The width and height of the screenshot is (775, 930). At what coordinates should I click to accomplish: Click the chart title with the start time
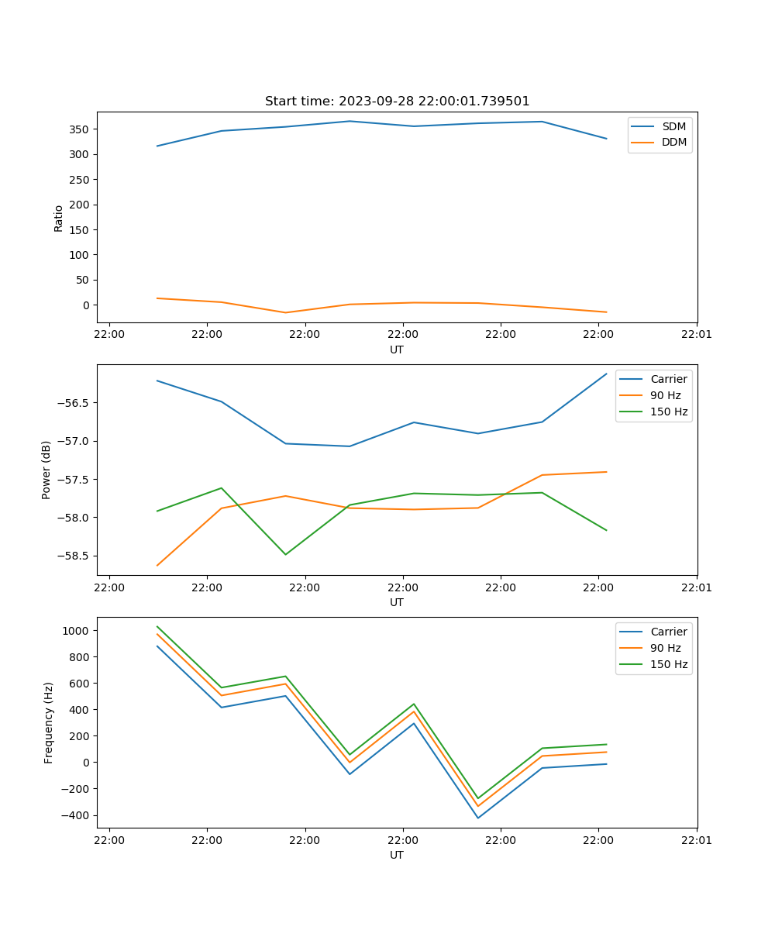[x=397, y=102]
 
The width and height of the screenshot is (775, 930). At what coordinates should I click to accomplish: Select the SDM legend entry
[x=673, y=126]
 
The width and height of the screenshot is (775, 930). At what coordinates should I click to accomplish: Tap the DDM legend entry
[x=673, y=142]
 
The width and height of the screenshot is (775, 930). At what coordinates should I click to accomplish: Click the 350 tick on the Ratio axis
[x=81, y=129]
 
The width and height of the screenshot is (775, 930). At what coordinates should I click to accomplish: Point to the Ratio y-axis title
[x=59, y=218]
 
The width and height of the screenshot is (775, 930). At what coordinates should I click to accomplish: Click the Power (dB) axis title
[x=46, y=470]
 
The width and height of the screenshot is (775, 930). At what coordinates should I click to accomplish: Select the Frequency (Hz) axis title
[x=49, y=722]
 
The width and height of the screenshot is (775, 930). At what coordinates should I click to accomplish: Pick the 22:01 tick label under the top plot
[x=697, y=335]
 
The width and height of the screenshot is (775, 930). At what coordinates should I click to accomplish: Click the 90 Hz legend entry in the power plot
[x=665, y=395]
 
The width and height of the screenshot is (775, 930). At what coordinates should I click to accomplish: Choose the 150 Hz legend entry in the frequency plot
[x=669, y=664]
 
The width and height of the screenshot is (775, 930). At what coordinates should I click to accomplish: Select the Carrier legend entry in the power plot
[x=668, y=379]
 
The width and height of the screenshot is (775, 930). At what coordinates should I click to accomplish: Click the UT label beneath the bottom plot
[x=397, y=855]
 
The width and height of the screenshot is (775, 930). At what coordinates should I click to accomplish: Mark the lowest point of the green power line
[x=285, y=554]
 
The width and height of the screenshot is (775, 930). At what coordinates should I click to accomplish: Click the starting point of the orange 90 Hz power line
[x=157, y=565]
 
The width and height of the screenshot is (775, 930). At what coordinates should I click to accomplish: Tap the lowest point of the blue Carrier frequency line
[x=477, y=818]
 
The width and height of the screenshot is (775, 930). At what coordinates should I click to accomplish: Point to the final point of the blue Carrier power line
[x=606, y=374]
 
